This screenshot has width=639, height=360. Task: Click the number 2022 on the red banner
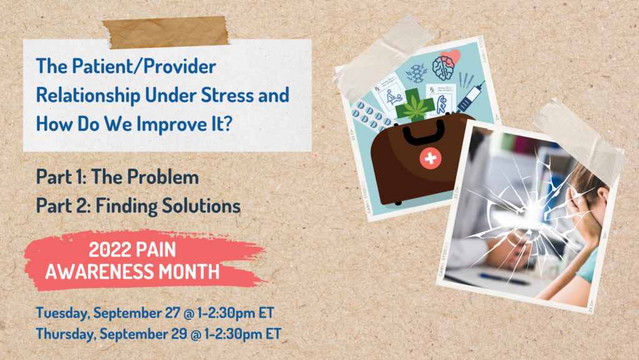pos(112,251)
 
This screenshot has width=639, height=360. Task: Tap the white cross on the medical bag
pos(431,159)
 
